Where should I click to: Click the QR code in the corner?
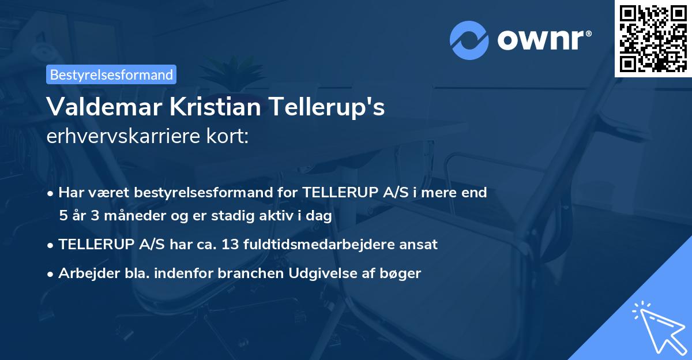click(x=653, y=38)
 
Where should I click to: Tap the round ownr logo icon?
click(x=469, y=40)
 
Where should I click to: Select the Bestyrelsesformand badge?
click(x=111, y=74)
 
